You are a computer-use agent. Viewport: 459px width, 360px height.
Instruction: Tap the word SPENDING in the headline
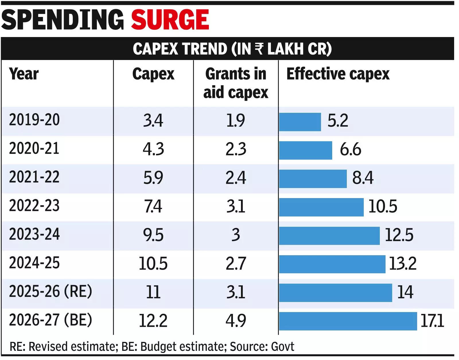click(63, 20)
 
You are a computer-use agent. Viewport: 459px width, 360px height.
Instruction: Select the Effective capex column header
click(338, 74)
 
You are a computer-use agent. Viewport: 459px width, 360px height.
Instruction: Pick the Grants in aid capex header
click(236, 83)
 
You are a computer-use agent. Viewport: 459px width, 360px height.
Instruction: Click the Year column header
click(24, 74)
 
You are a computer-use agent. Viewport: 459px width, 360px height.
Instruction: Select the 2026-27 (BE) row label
click(50, 320)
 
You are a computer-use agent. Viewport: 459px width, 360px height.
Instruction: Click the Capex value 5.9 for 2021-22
click(153, 177)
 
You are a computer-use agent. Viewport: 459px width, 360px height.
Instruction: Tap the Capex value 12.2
click(153, 321)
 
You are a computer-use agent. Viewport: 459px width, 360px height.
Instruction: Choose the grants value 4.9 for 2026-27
click(236, 321)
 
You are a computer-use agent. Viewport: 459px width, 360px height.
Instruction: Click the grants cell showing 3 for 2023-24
click(236, 235)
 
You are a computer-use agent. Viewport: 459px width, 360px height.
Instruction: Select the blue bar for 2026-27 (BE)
click(348, 321)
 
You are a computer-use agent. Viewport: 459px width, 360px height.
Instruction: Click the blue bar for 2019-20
click(300, 122)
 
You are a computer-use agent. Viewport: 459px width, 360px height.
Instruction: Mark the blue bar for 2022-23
click(321, 207)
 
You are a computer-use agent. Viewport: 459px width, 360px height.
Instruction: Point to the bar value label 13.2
click(402, 263)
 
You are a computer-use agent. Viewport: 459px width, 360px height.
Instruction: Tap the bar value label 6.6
click(350, 150)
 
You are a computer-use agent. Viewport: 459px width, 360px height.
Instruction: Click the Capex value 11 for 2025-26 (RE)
click(153, 292)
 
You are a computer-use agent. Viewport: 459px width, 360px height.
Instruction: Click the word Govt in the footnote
click(283, 347)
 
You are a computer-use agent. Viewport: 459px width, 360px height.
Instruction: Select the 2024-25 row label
click(34, 263)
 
